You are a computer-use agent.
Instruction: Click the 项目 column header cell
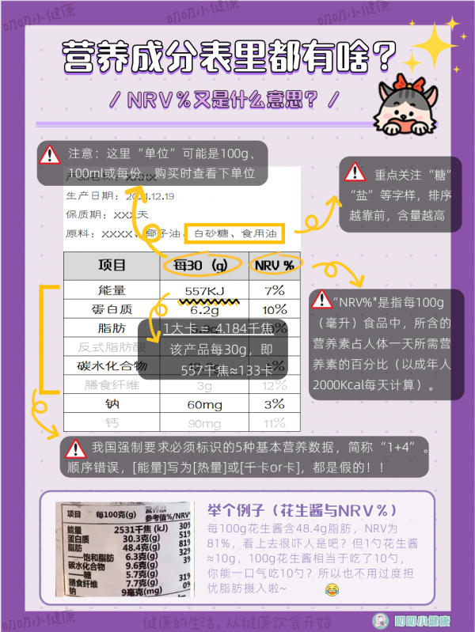[x=112, y=266]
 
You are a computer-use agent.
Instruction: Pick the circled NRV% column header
[x=274, y=266]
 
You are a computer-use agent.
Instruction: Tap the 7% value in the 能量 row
[x=275, y=290]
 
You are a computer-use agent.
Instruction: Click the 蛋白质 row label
[x=112, y=309]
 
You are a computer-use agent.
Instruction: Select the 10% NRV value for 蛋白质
[x=275, y=309]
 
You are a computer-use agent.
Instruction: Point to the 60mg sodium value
[x=204, y=404]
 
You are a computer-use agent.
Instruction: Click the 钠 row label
[x=112, y=404]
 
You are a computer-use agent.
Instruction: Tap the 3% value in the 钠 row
[x=275, y=404]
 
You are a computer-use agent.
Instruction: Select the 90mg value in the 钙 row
[x=204, y=423]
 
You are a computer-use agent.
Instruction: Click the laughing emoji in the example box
[x=331, y=590]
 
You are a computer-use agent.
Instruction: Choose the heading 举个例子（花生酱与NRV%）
[x=302, y=509]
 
